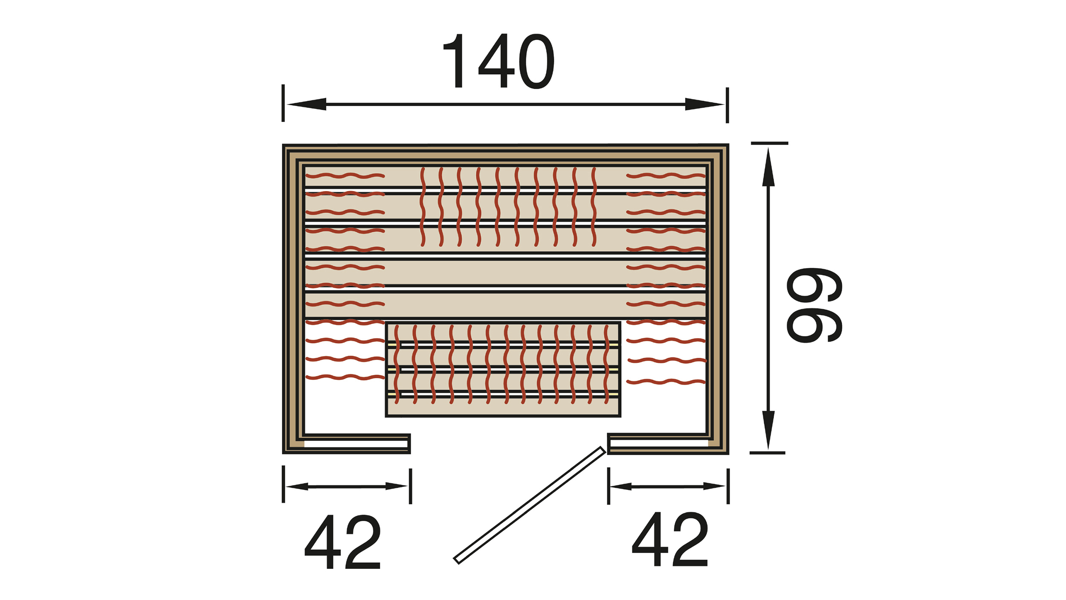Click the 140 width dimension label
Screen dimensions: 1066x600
(498, 61)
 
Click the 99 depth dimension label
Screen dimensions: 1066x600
(814, 305)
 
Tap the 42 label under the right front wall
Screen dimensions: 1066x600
(670, 539)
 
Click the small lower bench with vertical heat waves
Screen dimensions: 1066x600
(503, 369)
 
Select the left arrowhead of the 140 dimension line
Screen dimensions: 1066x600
(307, 104)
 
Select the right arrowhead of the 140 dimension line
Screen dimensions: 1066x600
(704, 104)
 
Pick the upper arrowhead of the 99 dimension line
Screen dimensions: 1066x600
(768, 167)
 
